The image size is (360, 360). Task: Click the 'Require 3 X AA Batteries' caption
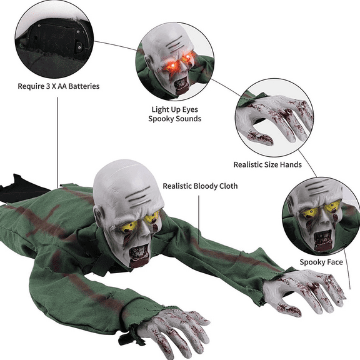(57, 85)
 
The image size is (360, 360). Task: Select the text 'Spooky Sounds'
(174, 118)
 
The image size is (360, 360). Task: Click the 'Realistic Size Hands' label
(267, 164)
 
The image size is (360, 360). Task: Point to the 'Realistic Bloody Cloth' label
(200, 186)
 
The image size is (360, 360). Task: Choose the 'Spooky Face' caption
(321, 262)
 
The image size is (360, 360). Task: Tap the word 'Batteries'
(82, 85)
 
